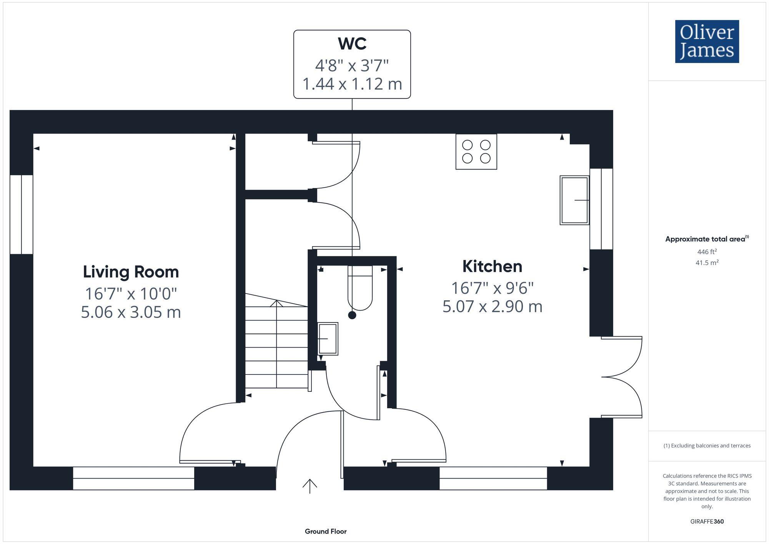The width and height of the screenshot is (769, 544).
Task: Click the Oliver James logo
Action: coord(707,42)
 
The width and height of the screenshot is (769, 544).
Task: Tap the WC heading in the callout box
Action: coord(352,43)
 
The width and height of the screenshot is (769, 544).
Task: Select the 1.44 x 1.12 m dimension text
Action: coord(352,84)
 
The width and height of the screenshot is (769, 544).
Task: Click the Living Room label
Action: coord(131,272)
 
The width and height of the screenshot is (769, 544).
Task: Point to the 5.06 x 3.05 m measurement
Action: coord(131,312)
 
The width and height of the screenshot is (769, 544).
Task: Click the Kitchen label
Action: coord(492,266)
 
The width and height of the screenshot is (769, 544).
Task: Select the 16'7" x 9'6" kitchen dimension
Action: coord(492,288)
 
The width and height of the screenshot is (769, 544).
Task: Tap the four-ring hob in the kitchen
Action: coord(476,151)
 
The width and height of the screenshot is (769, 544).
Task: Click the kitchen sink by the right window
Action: coord(574,200)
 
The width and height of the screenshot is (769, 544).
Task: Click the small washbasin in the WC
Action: coord(328,339)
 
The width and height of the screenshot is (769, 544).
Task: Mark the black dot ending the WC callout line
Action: coord(352,315)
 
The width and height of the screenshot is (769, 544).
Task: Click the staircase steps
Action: coord(276,346)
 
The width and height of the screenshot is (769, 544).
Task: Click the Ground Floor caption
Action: coord(326,531)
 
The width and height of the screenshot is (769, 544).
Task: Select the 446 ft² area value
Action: coord(707,252)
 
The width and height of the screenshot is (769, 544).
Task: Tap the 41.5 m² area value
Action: coord(707,263)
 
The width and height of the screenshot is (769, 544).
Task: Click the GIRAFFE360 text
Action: coord(707,522)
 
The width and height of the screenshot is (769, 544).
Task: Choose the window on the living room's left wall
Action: coord(21,215)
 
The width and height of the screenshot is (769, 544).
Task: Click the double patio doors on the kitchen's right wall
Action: coord(621,377)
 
